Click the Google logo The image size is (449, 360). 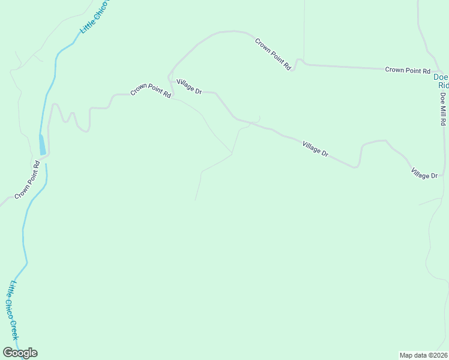pos(20,353)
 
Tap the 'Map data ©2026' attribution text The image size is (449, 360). pos(423,355)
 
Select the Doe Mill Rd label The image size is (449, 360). pos(442,109)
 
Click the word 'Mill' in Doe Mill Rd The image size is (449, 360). pos(442,109)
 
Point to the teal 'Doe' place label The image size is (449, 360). pos(441,77)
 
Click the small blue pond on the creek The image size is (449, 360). pos(42,144)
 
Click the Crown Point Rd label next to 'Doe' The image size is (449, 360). pos(404,70)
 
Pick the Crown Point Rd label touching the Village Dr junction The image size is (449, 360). pos(151,91)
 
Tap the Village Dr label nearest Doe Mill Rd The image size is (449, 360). pos(424,175)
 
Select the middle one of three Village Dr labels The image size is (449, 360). pos(315,149)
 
